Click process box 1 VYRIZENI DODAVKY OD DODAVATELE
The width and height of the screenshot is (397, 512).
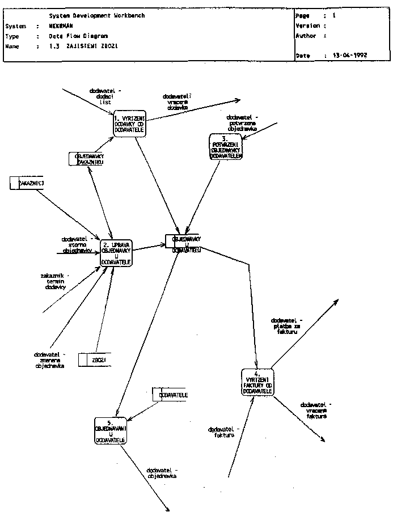129,123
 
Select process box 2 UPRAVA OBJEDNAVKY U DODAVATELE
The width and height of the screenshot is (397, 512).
116,253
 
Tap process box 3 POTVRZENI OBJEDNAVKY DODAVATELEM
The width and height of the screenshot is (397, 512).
226,147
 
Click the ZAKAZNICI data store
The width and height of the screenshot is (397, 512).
27,183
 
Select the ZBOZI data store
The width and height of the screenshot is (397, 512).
93,360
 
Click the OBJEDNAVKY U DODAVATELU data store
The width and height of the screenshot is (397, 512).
183,243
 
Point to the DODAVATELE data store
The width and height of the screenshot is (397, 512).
170,395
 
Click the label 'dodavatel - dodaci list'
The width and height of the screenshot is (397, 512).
105,96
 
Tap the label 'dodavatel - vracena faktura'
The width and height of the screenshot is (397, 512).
316,410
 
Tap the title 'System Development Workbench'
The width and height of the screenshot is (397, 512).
97,16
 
